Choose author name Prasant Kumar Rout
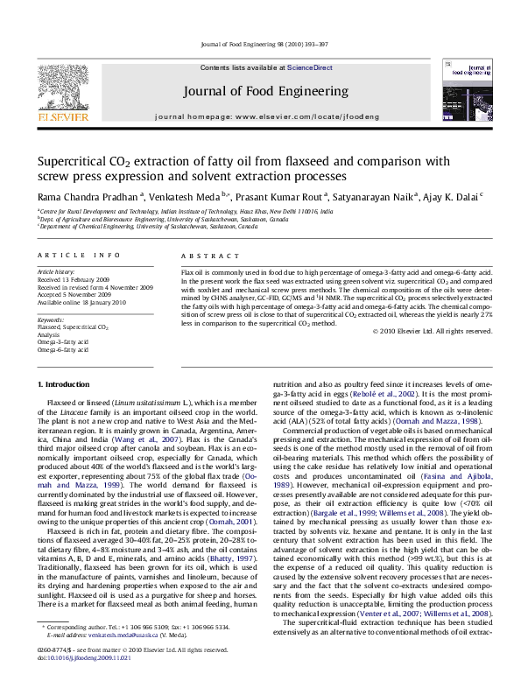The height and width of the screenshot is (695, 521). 280,198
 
